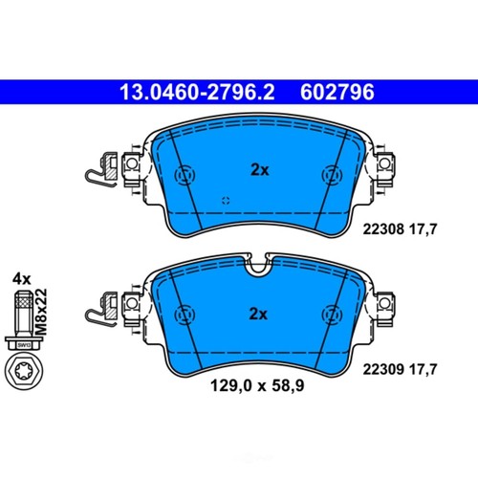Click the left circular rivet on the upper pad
pyautogui.click(x=184, y=176)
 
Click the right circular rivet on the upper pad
pyautogui.click(x=332, y=176)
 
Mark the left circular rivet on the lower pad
pyautogui.click(x=184, y=315)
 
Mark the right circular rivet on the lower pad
pyautogui.click(x=332, y=315)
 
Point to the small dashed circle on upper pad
pyautogui.click(x=226, y=201)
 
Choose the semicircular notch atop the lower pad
pyautogui.click(x=258, y=268)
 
